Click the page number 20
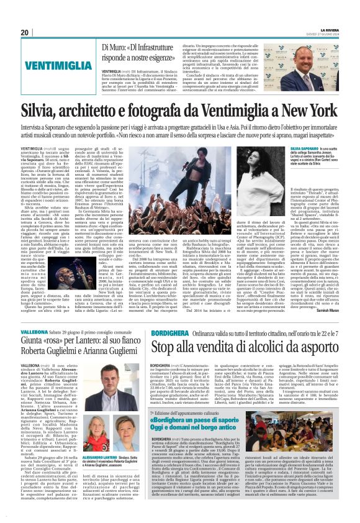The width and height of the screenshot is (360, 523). (x=25, y=32)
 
